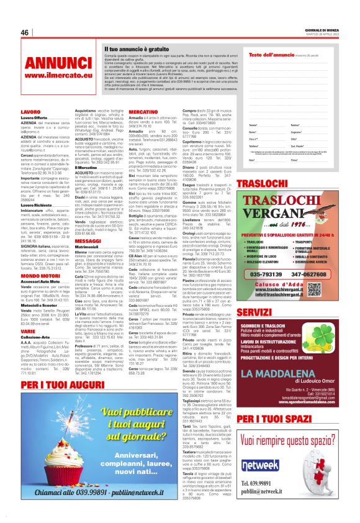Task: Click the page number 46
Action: point(25,32)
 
